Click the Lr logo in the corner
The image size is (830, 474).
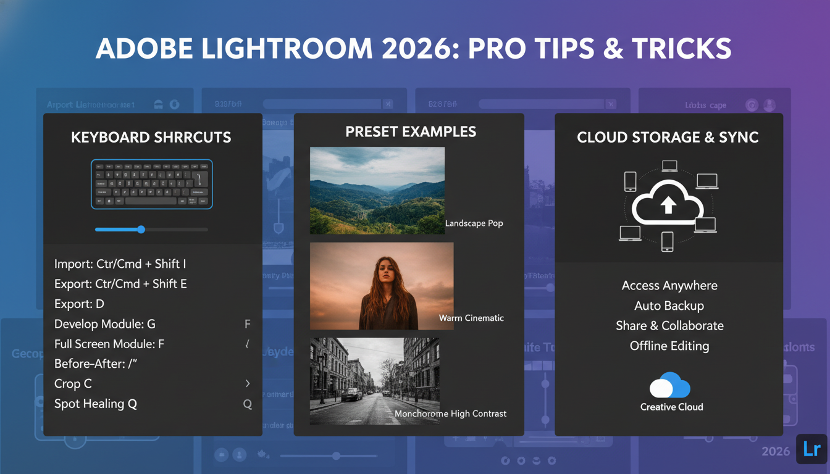(x=811, y=450)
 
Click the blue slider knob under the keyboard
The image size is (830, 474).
(x=141, y=230)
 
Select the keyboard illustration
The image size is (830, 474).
(x=152, y=184)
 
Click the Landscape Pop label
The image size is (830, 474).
(x=474, y=223)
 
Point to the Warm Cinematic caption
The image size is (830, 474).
(x=471, y=318)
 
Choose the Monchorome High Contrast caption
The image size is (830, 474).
(x=450, y=414)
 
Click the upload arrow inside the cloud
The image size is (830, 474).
(x=668, y=206)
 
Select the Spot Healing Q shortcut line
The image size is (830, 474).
(x=96, y=404)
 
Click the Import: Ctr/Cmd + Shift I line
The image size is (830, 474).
(x=120, y=264)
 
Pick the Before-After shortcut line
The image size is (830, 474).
(x=96, y=364)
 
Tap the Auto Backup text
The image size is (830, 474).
(x=669, y=306)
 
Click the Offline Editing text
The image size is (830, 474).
(x=669, y=346)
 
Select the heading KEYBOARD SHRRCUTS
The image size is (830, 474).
(x=151, y=137)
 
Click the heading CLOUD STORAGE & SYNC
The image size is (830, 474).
(x=668, y=137)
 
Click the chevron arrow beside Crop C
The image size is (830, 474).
(x=248, y=384)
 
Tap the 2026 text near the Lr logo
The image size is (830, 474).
(x=776, y=452)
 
